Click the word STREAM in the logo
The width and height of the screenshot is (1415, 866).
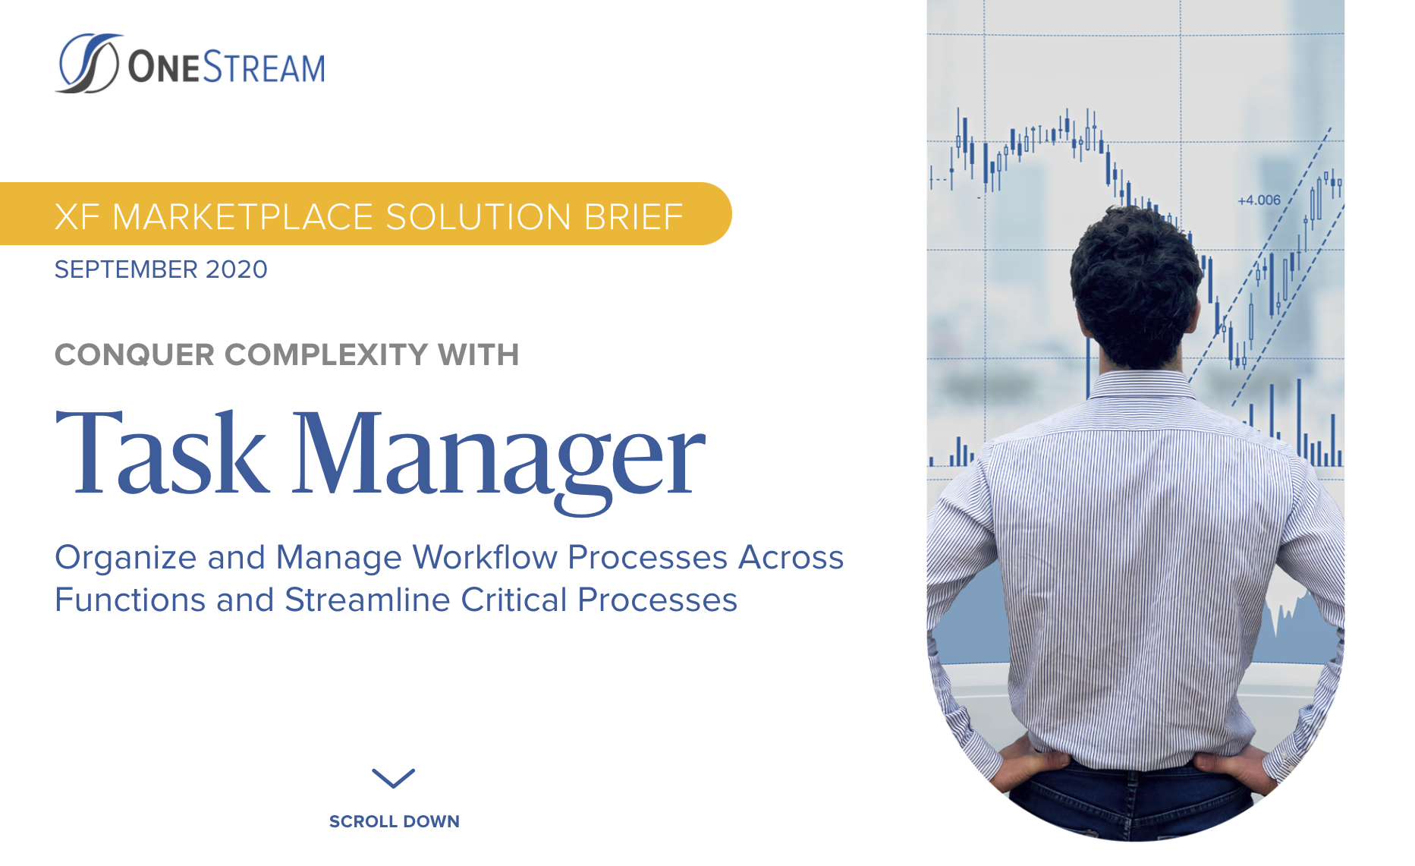tap(263, 68)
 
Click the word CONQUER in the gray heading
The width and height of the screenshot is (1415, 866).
tap(134, 355)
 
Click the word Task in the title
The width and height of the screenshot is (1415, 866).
tap(162, 454)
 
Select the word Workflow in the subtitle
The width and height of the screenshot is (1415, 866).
tap(485, 558)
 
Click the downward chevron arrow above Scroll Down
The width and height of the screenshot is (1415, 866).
tap(394, 778)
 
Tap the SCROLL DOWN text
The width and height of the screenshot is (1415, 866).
tap(394, 821)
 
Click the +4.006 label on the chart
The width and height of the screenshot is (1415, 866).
tap(1259, 200)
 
